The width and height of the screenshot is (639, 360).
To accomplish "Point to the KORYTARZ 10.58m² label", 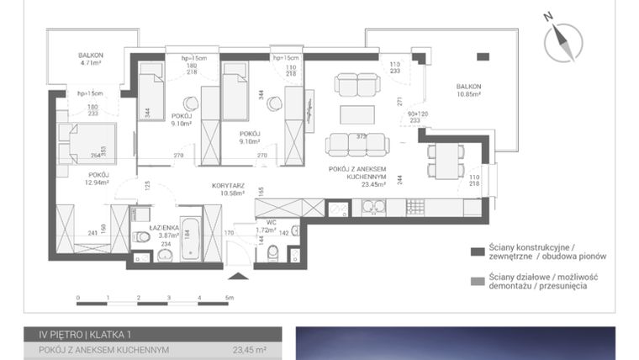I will point(227,188).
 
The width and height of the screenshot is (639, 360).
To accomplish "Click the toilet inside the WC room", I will point(272,255).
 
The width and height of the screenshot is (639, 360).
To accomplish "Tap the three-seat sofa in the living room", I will point(356,144).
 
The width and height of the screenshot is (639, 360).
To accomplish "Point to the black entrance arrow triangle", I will point(240,277).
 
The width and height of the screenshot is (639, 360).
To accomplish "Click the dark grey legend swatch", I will point(476,251).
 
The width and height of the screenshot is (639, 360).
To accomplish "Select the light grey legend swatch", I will point(476,281).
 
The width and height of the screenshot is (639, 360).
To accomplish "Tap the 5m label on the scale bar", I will point(229,298).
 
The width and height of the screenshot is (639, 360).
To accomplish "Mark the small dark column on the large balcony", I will point(482,56).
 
